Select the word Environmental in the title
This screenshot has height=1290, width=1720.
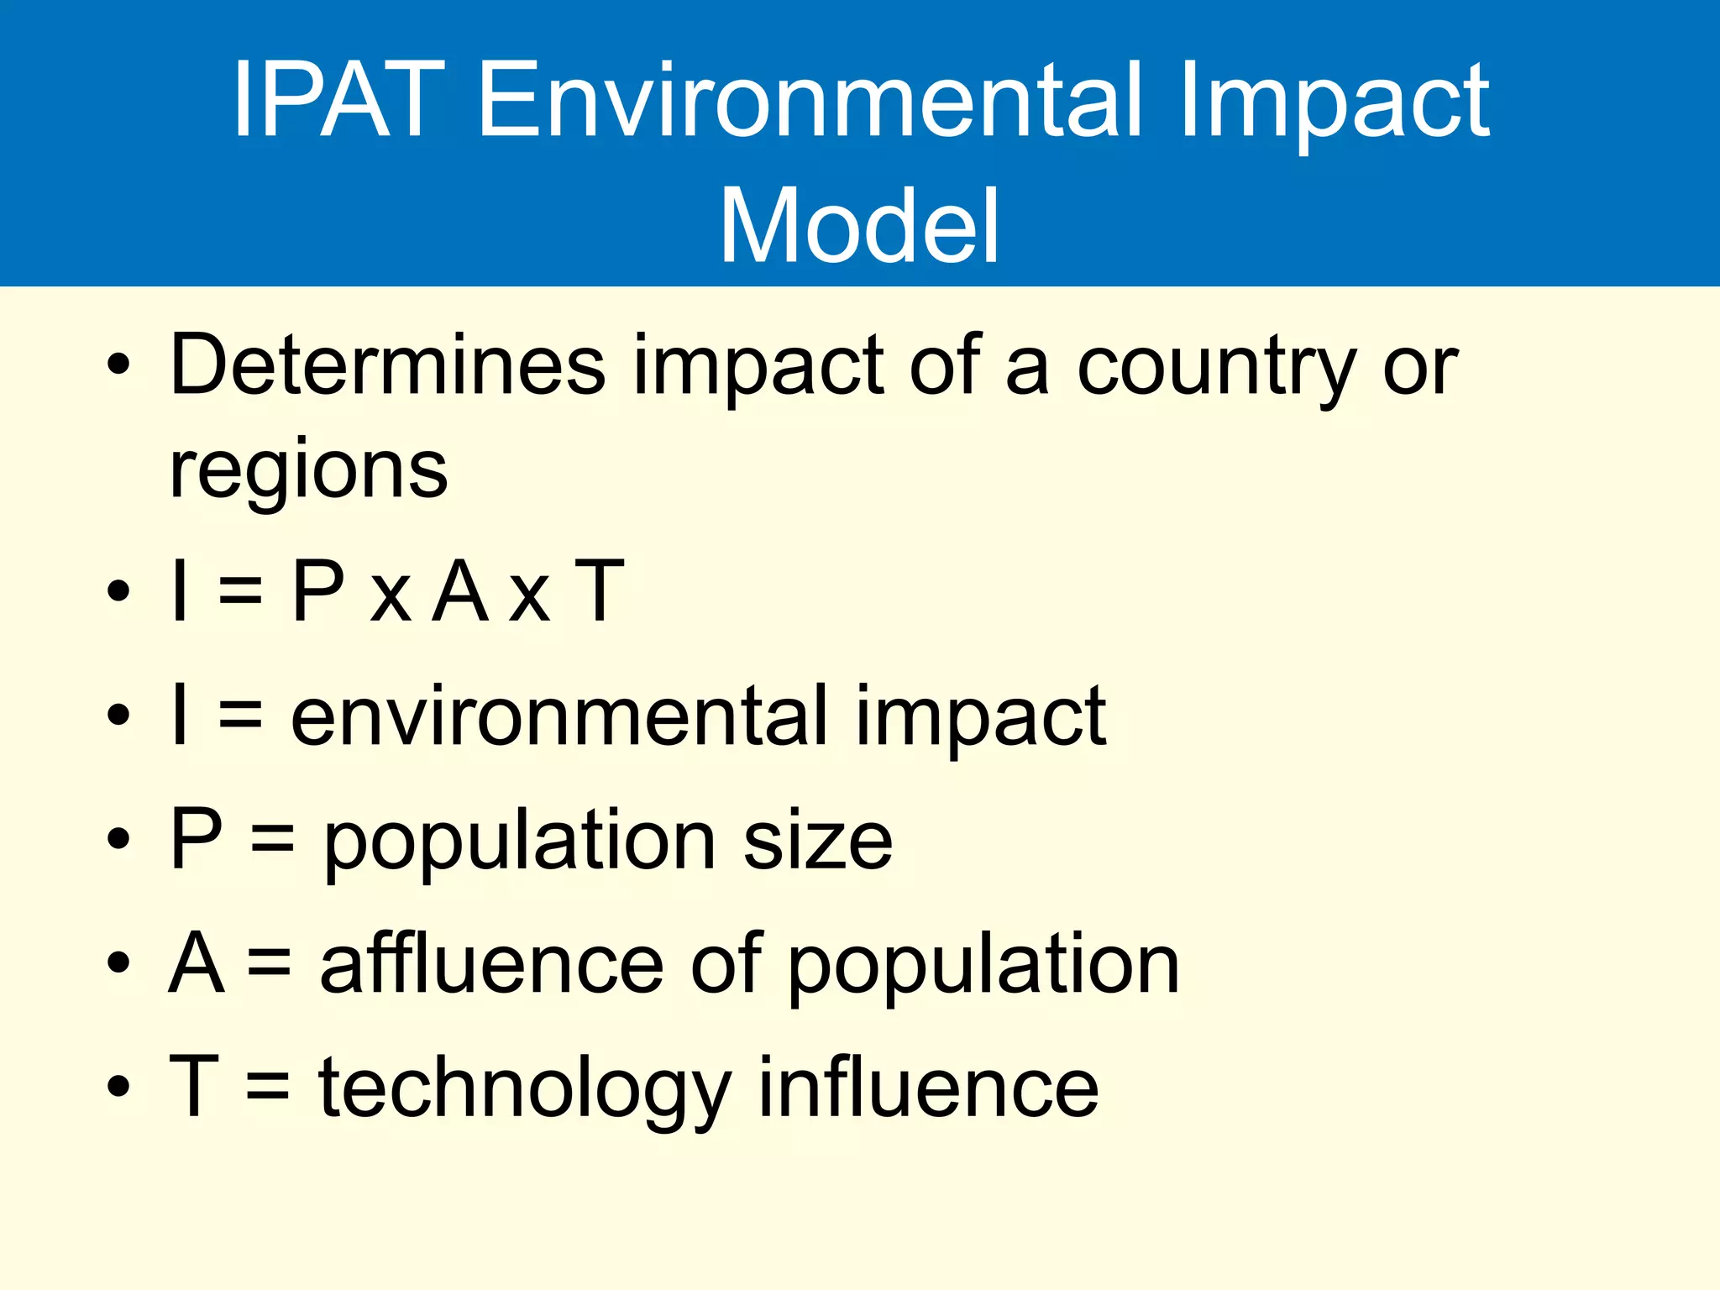810,101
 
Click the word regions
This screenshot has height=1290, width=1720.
308,470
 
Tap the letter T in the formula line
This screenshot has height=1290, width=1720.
599,591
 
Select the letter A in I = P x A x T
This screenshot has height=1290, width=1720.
460,591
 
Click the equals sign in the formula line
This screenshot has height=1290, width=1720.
240,591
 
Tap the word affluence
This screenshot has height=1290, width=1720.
491,963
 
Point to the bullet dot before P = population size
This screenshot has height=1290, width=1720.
119,838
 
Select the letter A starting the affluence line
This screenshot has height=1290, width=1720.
197,963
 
